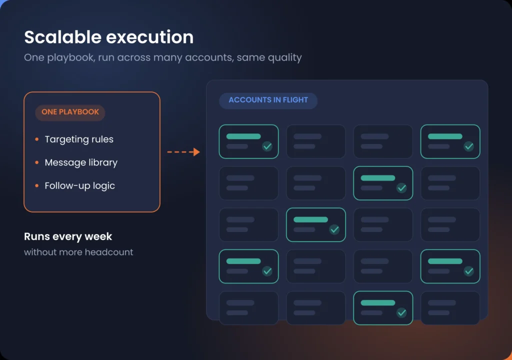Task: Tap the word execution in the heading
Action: (x=150, y=37)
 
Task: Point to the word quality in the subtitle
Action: (x=284, y=58)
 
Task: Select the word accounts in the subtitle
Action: (x=209, y=57)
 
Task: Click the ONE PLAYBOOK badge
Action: (x=70, y=112)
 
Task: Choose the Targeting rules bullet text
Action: (x=79, y=139)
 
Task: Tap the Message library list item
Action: (x=81, y=162)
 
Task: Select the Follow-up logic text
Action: (x=79, y=185)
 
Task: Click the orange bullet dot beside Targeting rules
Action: (x=37, y=139)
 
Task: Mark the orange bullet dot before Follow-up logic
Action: (x=37, y=185)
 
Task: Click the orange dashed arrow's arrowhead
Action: (x=196, y=152)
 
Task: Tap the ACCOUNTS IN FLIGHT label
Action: (x=268, y=100)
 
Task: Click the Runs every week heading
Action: (x=68, y=236)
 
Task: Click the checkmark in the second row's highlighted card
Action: (x=401, y=188)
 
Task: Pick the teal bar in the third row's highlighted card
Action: (x=310, y=219)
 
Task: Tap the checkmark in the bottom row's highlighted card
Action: (x=401, y=312)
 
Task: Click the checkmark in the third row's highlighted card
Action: (x=334, y=229)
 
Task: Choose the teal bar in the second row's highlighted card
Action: (x=378, y=178)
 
